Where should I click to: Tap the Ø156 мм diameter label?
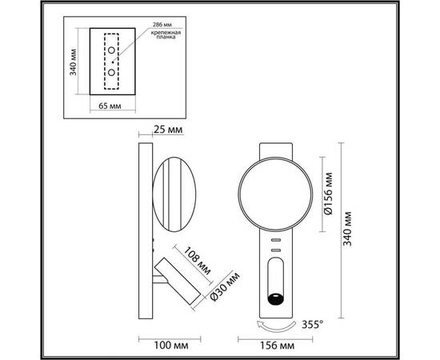(326, 193)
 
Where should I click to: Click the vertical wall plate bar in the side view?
(143, 232)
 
